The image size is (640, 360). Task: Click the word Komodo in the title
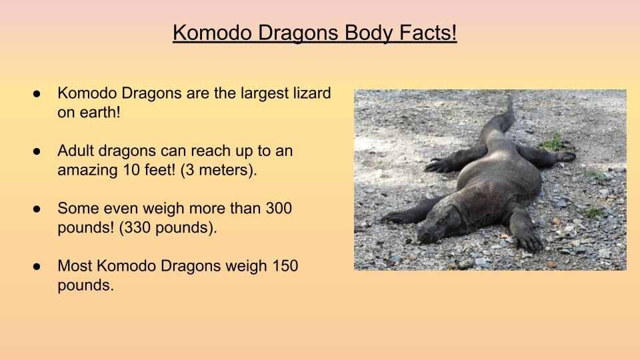(212, 33)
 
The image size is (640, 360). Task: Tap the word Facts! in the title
(428, 33)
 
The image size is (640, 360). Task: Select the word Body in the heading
(369, 33)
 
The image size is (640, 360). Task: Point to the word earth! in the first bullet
(100, 112)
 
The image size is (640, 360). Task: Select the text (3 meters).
(219, 170)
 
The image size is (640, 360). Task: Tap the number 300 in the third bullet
(279, 208)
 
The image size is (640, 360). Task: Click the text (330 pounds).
(168, 228)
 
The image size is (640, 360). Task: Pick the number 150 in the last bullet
(285, 266)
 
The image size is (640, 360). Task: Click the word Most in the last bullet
(75, 266)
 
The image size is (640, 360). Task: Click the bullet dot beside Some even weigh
(37, 209)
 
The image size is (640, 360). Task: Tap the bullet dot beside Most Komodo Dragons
(37, 267)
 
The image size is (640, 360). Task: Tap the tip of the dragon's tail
(509, 96)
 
